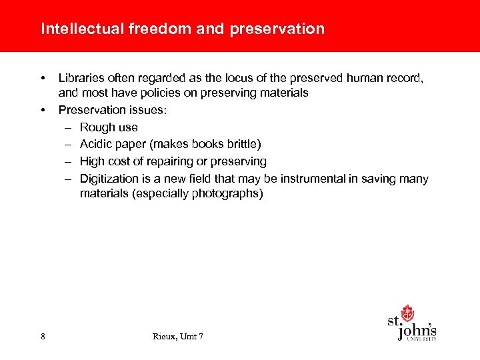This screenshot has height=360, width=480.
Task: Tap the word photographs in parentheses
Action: pos(228,194)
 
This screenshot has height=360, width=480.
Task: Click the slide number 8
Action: pos(43,337)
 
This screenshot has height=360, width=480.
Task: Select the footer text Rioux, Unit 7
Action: pos(177,337)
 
